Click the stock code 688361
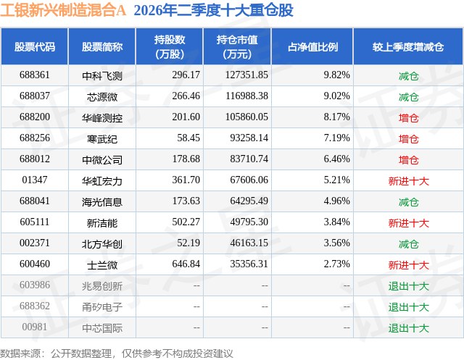35,75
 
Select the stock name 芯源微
102,96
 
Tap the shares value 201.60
186,117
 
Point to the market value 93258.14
249,138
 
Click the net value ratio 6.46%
336,159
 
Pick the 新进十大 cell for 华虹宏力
408,181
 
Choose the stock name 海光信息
102,202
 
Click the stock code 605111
35,222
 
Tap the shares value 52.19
188,243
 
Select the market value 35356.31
249,264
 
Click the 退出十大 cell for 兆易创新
408,286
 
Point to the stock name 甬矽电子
102,307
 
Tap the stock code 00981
35,327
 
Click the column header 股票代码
35,46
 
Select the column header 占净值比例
312,46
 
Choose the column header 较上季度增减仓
408,46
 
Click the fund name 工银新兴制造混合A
63,10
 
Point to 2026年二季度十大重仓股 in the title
213,10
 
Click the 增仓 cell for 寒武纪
408,139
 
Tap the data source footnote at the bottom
117,353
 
